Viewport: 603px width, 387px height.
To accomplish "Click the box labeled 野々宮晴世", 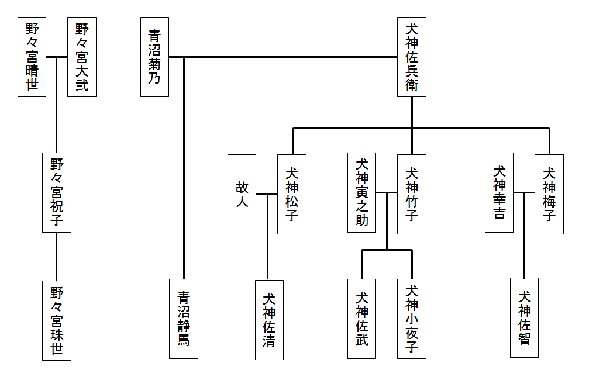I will pyautogui.click(x=32, y=57).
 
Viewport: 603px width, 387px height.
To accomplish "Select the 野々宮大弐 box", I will pyautogui.click(x=82, y=57).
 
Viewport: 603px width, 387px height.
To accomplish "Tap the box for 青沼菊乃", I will pyautogui.click(x=155, y=57).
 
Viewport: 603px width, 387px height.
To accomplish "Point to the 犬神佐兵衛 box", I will pyautogui.click(x=412, y=57).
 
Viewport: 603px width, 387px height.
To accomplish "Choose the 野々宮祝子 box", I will pyautogui.click(x=57, y=192).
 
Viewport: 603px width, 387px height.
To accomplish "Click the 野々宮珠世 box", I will pyautogui.click(x=57, y=320).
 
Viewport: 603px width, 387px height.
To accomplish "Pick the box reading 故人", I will pyautogui.click(x=242, y=194).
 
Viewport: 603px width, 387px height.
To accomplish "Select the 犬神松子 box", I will pyautogui.click(x=292, y=194).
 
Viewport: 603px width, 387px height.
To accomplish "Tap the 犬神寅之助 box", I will pyautogui.click(x=361, y=192).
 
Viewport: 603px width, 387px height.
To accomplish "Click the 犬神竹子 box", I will pyautogui.click(x=412, y=194).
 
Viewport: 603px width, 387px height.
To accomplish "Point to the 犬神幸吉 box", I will pyautogui.click(x=499, y=192).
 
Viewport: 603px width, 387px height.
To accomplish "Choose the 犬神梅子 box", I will pyautogui.click(x=549, y=194).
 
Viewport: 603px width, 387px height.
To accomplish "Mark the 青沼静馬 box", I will pyautogui.click(x=184, y=319).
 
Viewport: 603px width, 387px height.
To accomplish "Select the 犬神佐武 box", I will pyautogui.click(x=361, y=319).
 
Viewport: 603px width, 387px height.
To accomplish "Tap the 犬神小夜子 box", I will pyautogui.click(x=412, y=319).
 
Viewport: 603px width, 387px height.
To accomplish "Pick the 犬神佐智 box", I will pyautogui.click(x=524, y=317).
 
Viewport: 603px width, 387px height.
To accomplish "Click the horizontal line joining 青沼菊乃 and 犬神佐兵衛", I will pyautogui.click(x=292, y=57).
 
